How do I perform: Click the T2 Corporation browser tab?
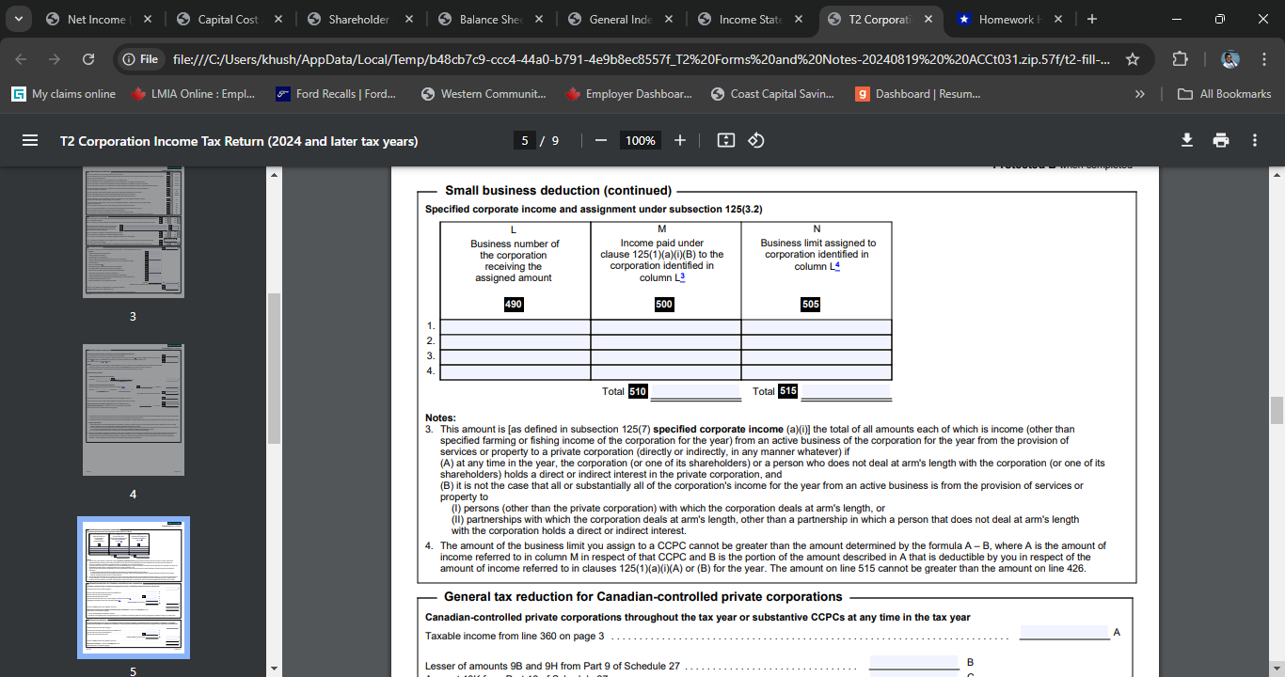click(x=879, y=20)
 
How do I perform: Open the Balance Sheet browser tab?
click(x=490, y=20)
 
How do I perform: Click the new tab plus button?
click(x=1091, y=20)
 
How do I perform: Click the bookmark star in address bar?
click(x=1133, y=59)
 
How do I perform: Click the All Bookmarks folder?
click(x=1226, y=94)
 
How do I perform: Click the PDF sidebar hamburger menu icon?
click(x=30, y=141)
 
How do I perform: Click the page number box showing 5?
click(x=526, y=141)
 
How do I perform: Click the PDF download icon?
click(x=1187, y=140)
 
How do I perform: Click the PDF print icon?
click(x=1221, y=140)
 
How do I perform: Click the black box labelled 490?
click(x=514, y=305)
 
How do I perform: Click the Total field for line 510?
click(x=695, y=391)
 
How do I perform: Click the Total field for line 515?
click(x=845, y=391)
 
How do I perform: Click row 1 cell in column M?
click(x=665, y=326)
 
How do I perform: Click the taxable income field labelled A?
click(x=1064, y=633)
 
